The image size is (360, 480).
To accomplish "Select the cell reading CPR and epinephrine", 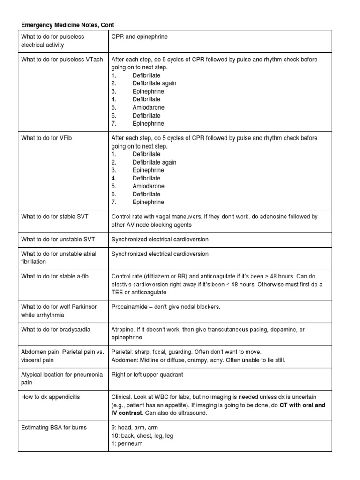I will click(139, 37).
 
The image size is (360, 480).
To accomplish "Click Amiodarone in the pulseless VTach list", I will click(148, 107).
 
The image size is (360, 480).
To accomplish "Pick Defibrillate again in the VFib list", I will click(154, 162).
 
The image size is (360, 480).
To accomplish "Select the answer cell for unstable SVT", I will click(160, 239).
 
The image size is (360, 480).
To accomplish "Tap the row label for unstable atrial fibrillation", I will click(59, 258).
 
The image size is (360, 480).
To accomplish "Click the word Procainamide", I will click(129, 307).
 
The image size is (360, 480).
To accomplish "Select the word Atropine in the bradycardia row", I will click(123, 330).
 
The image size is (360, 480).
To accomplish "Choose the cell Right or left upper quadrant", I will click(147, 375).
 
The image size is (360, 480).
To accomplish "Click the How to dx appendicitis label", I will click(51, 397).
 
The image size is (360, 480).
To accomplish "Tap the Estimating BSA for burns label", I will click(54, 427).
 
